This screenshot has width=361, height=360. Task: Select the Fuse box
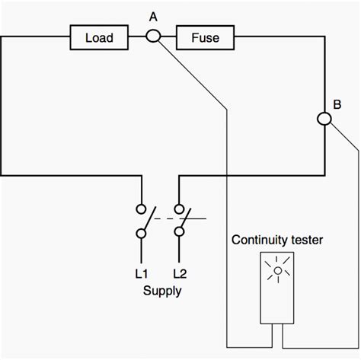tap(206, 36)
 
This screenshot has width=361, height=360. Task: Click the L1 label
tap(142, 272)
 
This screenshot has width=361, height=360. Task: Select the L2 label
tap(180, 272)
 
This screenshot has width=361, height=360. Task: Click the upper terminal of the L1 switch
tap(141, 208)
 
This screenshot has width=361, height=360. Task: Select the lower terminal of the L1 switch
tap(141, 234)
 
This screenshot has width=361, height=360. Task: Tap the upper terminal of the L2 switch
tap(180, 208)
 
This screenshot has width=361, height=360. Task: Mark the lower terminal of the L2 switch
tap(180, 234)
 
